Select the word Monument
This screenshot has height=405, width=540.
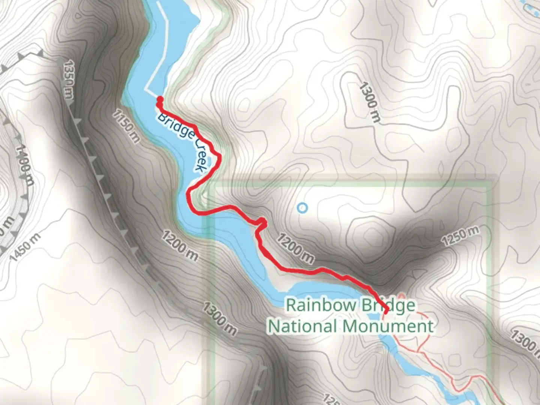coord(388,326)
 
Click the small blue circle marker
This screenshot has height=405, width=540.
coord(302,207)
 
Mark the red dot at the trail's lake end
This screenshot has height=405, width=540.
coord(159,99)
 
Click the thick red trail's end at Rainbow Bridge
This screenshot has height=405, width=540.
coord(386,311)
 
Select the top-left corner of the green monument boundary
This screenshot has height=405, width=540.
coord(208,184)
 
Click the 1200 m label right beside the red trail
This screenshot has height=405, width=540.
coord(295,248)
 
